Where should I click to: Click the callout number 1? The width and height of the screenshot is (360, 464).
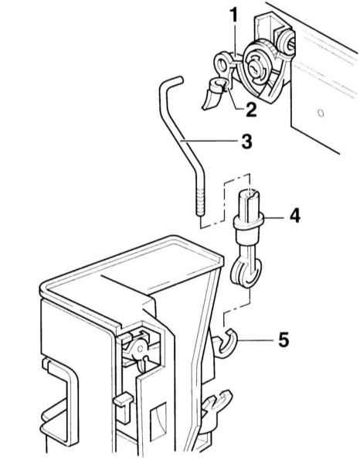tap(234, 15)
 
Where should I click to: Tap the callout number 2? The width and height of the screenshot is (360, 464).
tap(251, 110)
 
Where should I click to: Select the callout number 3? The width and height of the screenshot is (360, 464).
tap(246, 142)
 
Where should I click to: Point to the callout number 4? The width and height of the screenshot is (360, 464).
tap(294, 216)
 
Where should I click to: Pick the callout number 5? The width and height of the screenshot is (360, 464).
tap(284, 339)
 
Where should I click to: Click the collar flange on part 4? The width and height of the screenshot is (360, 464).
tap(248, 222)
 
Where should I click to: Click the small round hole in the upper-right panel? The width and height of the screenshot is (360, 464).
tap(321, 113)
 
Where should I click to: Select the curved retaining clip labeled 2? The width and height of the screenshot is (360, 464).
tap(214, 94)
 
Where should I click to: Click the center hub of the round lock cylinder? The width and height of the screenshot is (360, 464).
tap(255, 67)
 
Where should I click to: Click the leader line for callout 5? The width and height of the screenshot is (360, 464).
tap(256, 340)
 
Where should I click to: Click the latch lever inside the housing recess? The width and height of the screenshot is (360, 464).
tap(138, 350)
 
